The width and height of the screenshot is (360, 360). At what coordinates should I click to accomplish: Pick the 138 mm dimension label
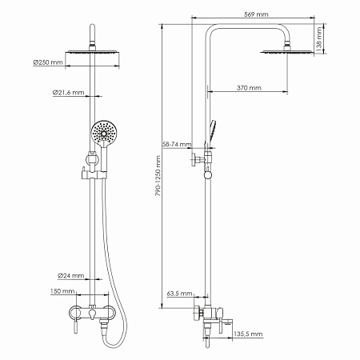[x=319, y=38]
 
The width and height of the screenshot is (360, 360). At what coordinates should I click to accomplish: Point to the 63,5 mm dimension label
[x=178, y=294]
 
